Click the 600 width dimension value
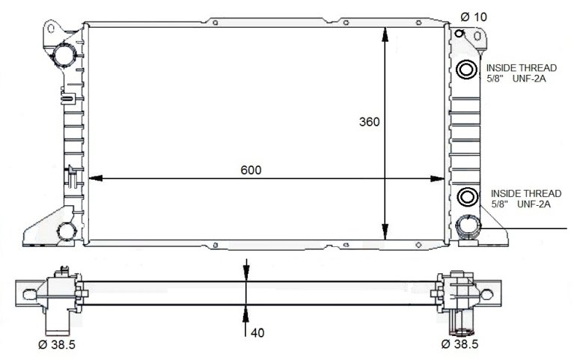(251, 170)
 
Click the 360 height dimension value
(370, 121)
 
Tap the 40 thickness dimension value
(257, 333)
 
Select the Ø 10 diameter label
(474, 17)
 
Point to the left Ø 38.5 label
(57, 344)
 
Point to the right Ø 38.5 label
(459, 344)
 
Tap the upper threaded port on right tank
(466, 69)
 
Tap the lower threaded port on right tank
(467, 197)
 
